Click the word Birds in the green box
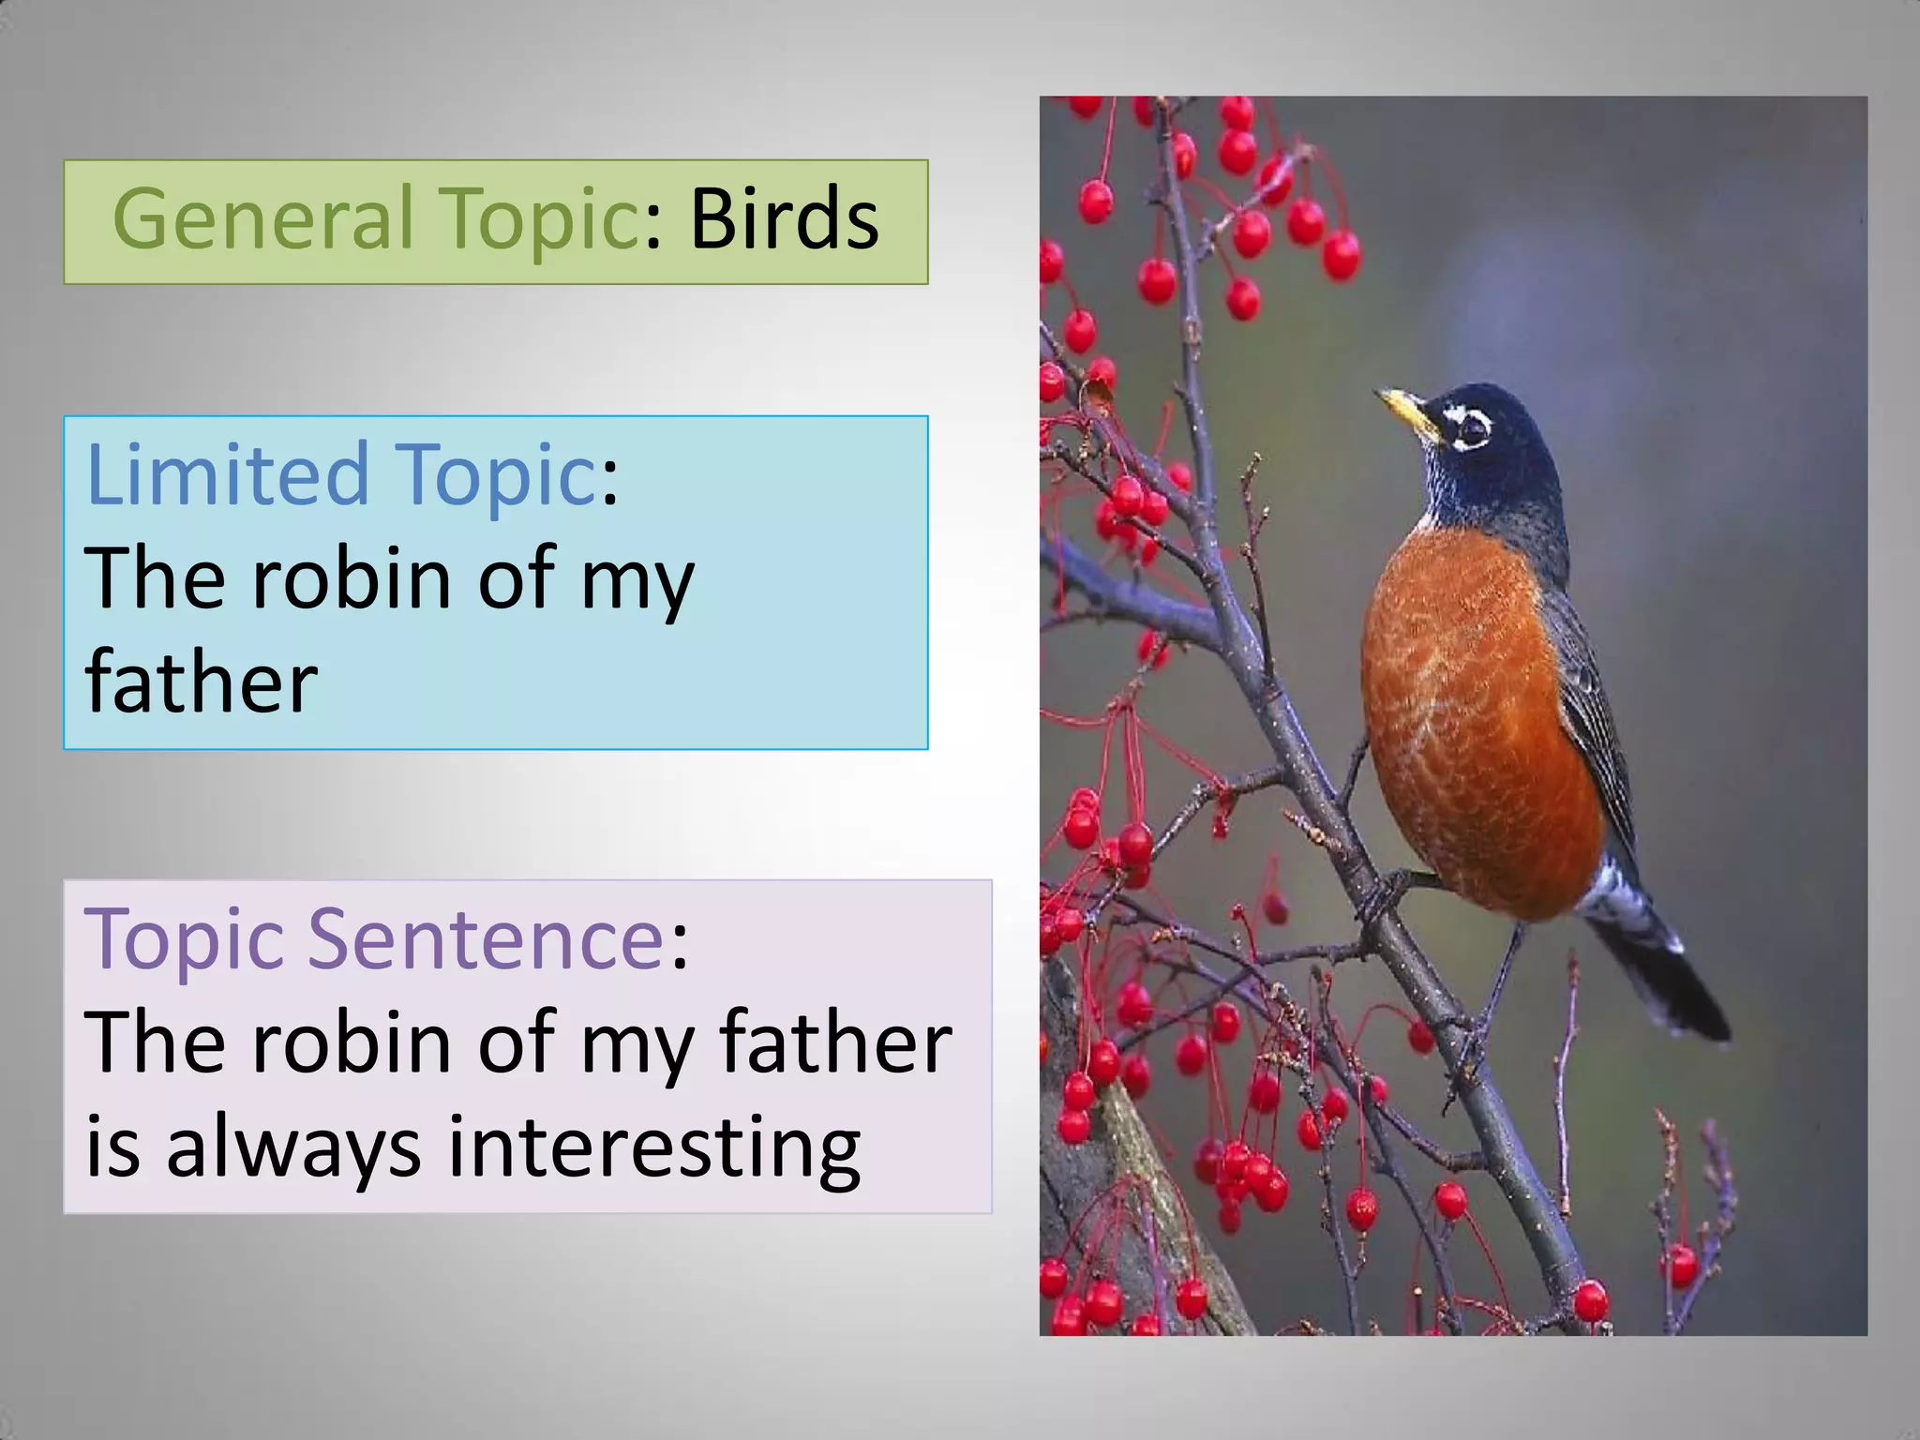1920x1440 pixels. point(784,219)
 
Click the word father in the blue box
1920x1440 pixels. point(201,682)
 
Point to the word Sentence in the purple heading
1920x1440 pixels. point(486,937)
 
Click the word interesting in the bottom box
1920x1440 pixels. point(653,1149)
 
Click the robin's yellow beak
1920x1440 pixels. point(1409,413)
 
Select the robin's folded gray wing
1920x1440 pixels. point(1594,712)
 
